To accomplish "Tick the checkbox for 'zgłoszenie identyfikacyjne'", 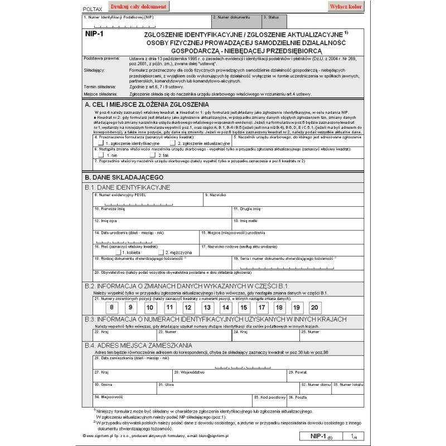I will click(x=101, y=143).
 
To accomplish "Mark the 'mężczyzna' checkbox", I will click(x=161, y=252).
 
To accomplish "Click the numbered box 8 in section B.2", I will click(x=112, y=307).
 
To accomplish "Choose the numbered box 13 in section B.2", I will click(x=207, y=307).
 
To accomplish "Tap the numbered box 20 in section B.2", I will click(x=315, y=307).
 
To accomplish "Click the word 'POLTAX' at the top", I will click(x=92, y=9).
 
